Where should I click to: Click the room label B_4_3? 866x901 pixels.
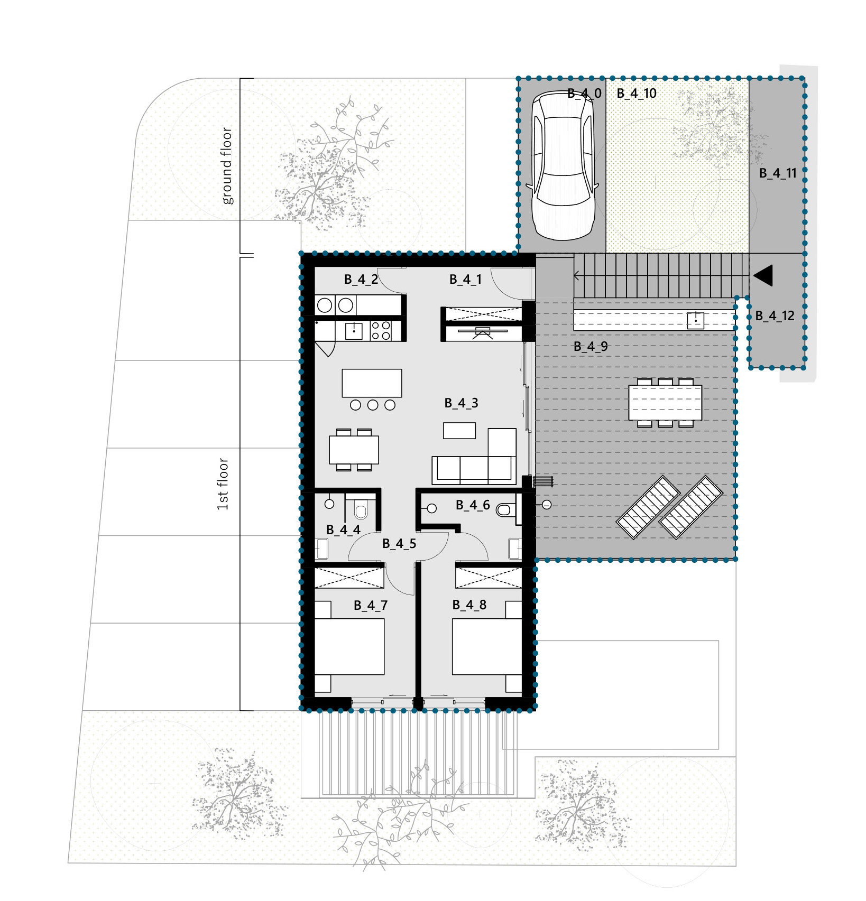point(461,403)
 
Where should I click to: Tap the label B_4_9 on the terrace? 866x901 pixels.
point(591,347)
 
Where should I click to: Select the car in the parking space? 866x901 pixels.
point(564,165)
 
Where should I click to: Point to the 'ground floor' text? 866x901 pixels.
point(226,165)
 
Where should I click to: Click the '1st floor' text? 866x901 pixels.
point(223,484)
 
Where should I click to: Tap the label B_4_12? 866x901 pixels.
point(775,316)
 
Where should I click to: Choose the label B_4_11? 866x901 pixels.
point(778,173)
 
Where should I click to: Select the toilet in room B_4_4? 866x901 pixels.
point(361,510)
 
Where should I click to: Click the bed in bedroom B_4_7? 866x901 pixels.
point(349,646)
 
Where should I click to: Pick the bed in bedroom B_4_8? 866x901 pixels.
point(487,646)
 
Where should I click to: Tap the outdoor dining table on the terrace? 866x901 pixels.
point(665,403)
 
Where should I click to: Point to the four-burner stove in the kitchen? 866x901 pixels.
point(381,331)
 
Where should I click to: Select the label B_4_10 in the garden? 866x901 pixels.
point(637,94)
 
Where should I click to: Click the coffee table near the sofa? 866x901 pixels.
point(459,431)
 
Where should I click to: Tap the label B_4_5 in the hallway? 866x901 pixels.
point(399,544)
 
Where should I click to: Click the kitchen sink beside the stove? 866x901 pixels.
point(354,331)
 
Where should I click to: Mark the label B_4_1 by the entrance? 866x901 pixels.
point(465,280)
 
